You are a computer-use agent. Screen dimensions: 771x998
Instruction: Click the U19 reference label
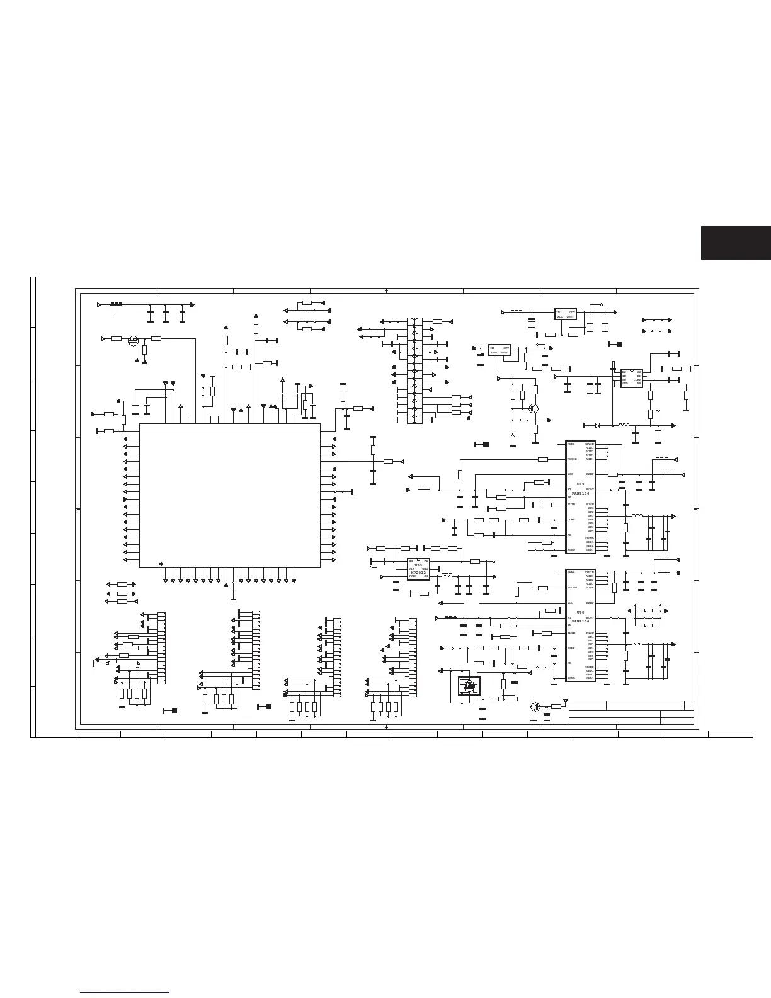click(x=581, y=484)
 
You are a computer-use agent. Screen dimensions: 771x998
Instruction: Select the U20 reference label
click(x=581, y=612)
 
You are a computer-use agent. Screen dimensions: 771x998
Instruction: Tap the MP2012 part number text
click(x=418, y=572)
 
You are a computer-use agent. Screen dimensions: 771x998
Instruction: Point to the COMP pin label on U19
click(x=571, y=520)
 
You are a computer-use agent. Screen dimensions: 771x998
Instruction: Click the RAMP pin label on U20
click(x=590, y=603)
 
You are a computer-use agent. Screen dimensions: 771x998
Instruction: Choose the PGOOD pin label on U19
click(x=572, y=459)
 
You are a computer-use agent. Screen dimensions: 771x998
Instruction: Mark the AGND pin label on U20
click(x=571, y=679)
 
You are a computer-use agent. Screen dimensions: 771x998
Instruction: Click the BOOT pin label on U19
click(x=590, y=489)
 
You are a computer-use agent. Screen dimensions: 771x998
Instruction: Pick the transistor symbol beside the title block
click(x=535, y=707)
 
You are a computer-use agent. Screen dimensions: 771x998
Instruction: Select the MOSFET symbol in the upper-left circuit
click(x=134, y=341)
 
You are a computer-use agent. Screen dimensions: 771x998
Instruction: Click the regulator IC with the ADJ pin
click(x=565, y=314)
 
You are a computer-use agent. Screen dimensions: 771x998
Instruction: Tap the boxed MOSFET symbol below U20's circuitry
click(x=469, y=686)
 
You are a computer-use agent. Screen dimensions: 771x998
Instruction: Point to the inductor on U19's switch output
click(x=637, y=516)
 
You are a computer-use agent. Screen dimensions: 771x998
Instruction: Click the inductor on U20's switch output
click(x=637, y=644)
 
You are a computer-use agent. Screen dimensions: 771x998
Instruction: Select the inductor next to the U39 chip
click(x=447, y=575)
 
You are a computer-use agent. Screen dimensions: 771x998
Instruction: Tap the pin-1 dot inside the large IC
click(x=162, y=563)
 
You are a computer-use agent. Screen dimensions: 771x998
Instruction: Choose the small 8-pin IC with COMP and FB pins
click(x=631, y=378)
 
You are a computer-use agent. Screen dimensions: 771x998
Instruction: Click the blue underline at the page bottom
click(x=125, y=994)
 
